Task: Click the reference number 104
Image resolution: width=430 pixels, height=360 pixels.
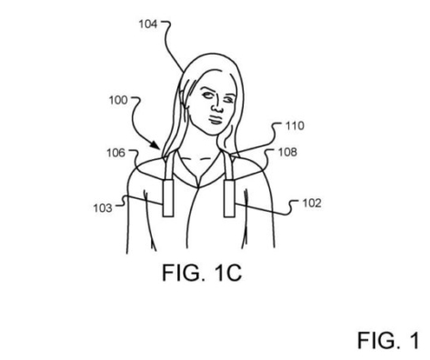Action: click(148, 25)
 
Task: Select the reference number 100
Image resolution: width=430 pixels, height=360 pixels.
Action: click(118, 100)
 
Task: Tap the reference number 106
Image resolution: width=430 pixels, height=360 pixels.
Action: click(115, 153)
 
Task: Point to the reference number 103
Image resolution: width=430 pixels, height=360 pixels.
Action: click(103, 208)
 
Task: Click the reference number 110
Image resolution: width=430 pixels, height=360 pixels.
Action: click(295, 125)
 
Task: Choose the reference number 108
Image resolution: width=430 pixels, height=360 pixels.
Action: click(287, 152)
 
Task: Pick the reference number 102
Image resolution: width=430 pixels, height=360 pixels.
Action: click(312, 203)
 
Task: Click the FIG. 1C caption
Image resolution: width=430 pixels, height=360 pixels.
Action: click(202, 273)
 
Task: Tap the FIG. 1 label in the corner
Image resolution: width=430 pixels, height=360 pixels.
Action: click(388, 340)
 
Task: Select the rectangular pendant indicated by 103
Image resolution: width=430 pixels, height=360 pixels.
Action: click(168, 198)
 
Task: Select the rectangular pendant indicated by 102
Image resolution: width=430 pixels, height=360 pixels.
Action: click(229, 198)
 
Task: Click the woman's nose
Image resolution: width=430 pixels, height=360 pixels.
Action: click(215, 106)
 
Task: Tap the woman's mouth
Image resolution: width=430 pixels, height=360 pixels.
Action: click(216, 119)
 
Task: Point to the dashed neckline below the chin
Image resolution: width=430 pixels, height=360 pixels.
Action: click(198, 158)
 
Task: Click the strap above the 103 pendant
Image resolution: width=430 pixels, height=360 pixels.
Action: click(169, 165)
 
